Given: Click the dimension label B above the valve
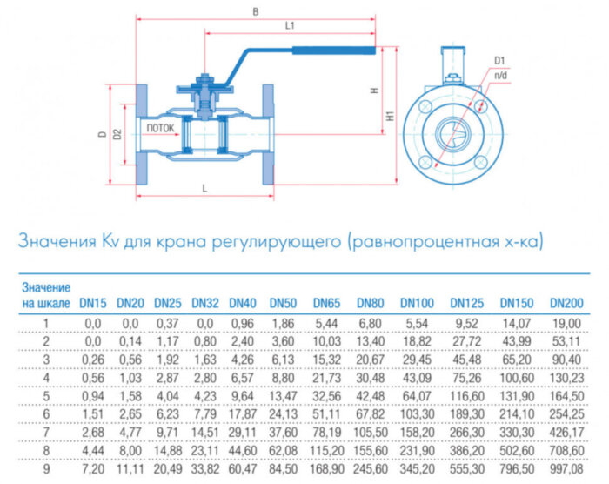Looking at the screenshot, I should (254, 11).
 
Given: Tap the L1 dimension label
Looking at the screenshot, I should (290, 27).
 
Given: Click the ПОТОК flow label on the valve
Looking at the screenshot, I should (160, 129).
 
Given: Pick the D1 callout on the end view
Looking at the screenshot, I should (499, 60).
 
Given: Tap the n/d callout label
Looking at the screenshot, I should (501, 77).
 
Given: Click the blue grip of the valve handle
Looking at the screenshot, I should (335, 50).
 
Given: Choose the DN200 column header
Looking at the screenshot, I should (565, 303).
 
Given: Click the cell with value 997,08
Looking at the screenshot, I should (566, 469).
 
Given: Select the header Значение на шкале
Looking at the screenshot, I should (46, 295).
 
